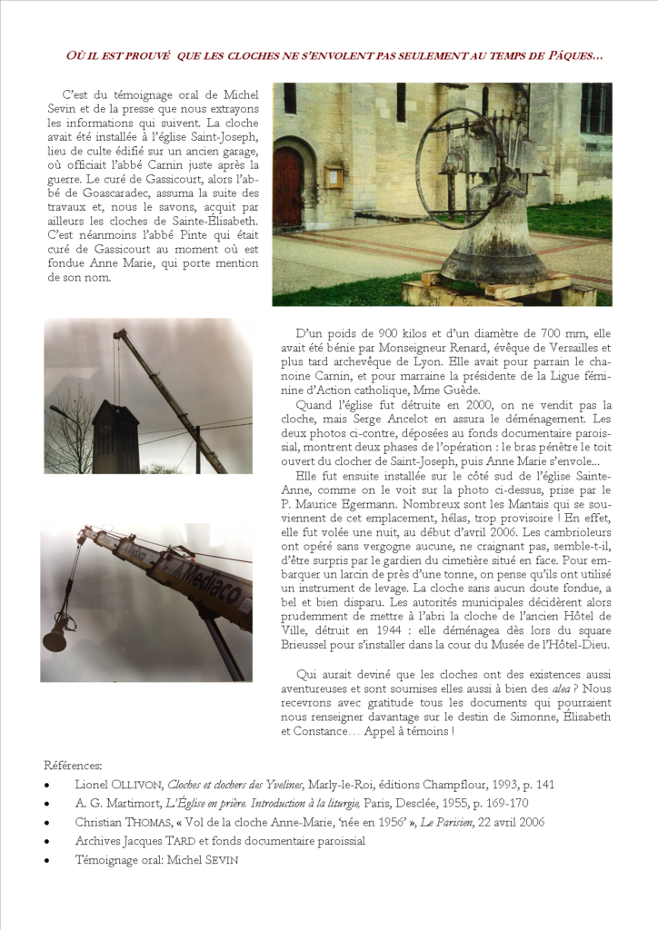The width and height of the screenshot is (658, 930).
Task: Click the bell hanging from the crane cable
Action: click(55, 636)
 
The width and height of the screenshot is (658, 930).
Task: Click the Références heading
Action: click(73, 765)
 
